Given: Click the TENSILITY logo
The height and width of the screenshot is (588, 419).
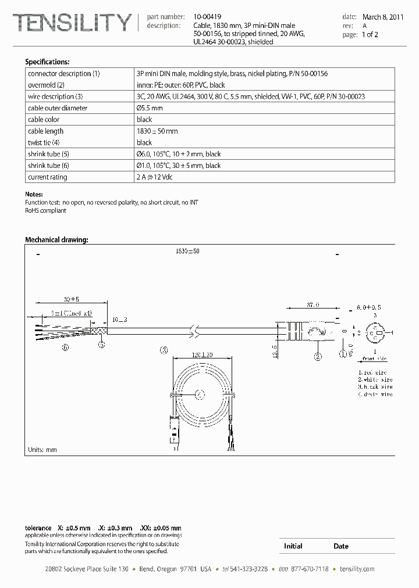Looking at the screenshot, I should pos(72,23).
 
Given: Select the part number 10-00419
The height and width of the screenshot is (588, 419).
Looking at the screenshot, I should pos(207,17).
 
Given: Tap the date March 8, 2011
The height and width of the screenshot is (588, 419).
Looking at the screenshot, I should pos(383,17).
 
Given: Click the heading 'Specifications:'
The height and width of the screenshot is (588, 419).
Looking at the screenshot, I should pos(47,62).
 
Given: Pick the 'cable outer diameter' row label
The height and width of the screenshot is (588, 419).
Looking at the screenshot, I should pos(58,108).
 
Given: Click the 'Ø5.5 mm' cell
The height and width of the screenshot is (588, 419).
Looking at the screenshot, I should pos(150,108).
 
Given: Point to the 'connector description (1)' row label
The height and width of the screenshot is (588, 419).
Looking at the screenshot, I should pos(64,74).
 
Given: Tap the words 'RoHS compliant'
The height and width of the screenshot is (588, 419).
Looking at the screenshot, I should pos(45,210).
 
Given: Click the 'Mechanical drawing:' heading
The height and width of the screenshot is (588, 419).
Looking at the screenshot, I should pos(56,239).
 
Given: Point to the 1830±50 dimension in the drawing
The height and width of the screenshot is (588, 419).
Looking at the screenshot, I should pos(187,251).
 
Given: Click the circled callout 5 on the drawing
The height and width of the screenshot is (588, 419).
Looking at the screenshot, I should pos(101,345).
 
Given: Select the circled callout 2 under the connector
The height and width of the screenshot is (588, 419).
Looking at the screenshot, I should pos(318,357).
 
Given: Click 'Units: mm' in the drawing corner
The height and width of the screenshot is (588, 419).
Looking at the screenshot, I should pos(42,449).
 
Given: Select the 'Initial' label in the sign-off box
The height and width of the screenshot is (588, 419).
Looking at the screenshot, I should pos(293,546).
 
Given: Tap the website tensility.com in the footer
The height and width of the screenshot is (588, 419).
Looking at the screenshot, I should pos(356,569).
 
